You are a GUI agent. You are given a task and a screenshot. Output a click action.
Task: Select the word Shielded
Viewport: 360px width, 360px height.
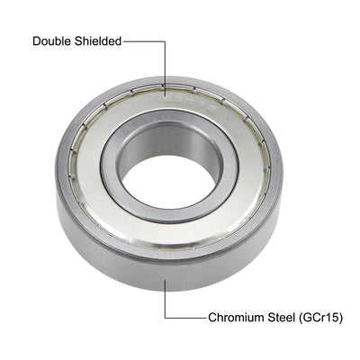[x=98, y=40]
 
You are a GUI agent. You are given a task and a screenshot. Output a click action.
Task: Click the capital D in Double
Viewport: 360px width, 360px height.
[x=37, y=40]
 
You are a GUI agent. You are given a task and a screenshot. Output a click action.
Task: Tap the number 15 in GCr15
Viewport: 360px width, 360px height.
[x=332, y=317]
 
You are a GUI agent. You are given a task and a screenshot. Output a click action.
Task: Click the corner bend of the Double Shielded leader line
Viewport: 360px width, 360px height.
[x=165, y=40]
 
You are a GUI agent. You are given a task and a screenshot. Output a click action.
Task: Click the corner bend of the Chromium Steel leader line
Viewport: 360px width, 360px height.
[x=165, y=317]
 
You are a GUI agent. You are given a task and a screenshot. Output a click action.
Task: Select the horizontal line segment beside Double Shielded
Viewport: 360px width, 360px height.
[x=144, y=40]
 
